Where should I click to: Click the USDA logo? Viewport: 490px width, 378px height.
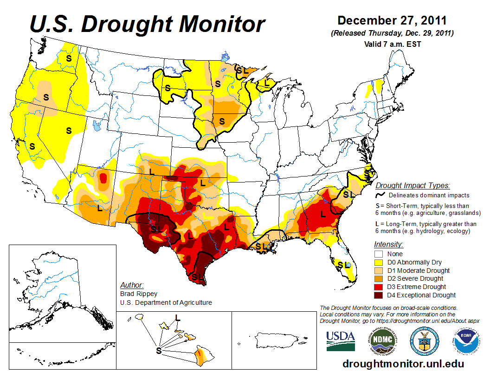[x=341, y=341]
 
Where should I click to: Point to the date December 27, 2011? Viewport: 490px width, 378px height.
[x=392, y=21]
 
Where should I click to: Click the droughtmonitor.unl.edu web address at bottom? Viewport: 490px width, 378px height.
[x=403, y=364]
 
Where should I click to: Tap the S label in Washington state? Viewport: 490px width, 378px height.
[x=69, y=58]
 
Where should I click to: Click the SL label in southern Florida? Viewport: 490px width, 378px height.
[x=343, y=265]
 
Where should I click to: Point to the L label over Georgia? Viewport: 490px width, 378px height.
[x=322, y=214]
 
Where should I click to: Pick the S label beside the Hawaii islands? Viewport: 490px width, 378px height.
[x=159, y=351]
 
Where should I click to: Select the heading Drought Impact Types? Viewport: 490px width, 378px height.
[x=413, y=186]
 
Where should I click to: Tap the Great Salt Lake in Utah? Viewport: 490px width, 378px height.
[x=96, y=125]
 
